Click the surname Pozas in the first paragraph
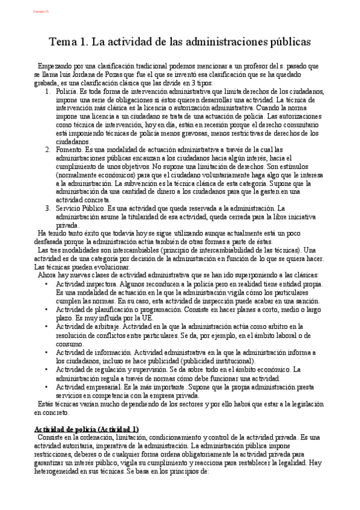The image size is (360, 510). tap(114, 74)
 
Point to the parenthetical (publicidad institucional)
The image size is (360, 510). tap(207, 360)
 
